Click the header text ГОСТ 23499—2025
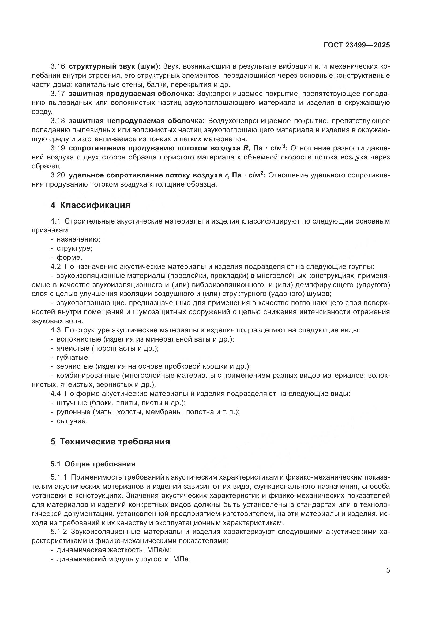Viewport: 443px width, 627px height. coord(357,45)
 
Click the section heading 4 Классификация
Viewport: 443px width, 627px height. coord(90,205)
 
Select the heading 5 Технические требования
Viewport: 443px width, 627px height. coord(110,442)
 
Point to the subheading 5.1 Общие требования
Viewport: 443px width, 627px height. coord(93,464)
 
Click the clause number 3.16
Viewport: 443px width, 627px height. coord(58,66)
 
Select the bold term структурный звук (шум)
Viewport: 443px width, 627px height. coord(115,66)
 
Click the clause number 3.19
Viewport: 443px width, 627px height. coord(58,148)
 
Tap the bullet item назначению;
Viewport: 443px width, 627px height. coord(78,239)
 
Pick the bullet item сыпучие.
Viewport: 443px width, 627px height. coord(72,421)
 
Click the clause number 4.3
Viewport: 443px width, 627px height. coord(56,330)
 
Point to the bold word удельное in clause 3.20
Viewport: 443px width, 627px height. coord(86,175)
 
